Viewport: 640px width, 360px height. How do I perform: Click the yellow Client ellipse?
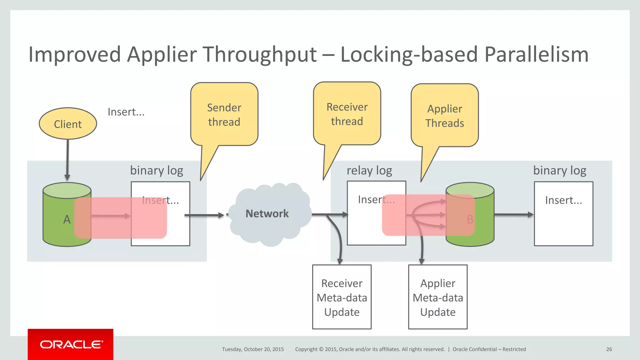click(68, 124)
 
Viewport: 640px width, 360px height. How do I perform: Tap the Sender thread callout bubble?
click(224, 114)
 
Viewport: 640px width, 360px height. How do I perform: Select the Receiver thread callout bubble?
click(347, 114)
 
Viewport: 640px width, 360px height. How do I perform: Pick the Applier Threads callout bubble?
click(444, 116)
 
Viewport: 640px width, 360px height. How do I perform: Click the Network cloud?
click(267, 214)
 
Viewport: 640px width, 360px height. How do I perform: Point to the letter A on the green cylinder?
click(67, 219)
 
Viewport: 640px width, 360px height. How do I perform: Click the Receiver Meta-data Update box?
click(342, 297)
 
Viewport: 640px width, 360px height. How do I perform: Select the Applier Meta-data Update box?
click(437, 297)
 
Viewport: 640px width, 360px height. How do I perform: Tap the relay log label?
click(369, 171)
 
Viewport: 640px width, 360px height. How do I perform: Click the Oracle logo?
click(71, 344)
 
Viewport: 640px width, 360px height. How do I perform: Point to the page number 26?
click(609, 349)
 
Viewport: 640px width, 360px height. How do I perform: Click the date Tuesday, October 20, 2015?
click(253, 349)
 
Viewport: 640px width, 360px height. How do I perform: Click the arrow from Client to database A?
click(67, 159)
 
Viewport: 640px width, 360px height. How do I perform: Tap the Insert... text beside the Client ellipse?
click(126, 112)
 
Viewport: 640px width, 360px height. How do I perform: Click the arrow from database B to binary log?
click(513, 215)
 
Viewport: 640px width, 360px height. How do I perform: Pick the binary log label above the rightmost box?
click(559, 171)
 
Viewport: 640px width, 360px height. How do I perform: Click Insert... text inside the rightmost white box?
click(563, 200)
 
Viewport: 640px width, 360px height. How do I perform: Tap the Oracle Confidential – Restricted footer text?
click(489, 349)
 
